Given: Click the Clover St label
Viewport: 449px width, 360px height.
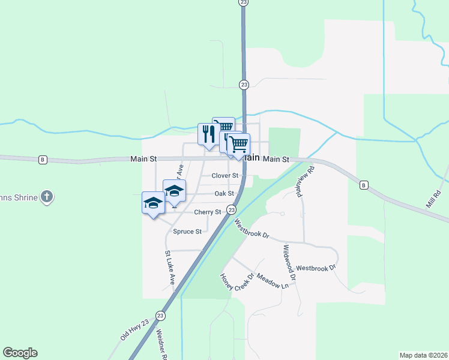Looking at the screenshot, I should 225,176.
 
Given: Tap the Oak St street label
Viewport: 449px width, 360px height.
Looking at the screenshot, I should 224,194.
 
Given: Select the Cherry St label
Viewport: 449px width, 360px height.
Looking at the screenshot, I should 207,212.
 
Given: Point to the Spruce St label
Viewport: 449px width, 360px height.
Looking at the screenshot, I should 187,232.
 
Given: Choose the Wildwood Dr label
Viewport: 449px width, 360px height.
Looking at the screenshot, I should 289,262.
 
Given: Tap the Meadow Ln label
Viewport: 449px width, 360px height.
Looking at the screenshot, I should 273,280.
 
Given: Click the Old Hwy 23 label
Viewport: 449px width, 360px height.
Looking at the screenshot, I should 134,330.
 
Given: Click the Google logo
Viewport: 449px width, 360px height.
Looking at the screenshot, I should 20,353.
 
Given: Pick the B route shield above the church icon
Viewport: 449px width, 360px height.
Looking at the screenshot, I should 43,160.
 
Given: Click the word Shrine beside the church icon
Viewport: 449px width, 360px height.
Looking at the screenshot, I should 25,197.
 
